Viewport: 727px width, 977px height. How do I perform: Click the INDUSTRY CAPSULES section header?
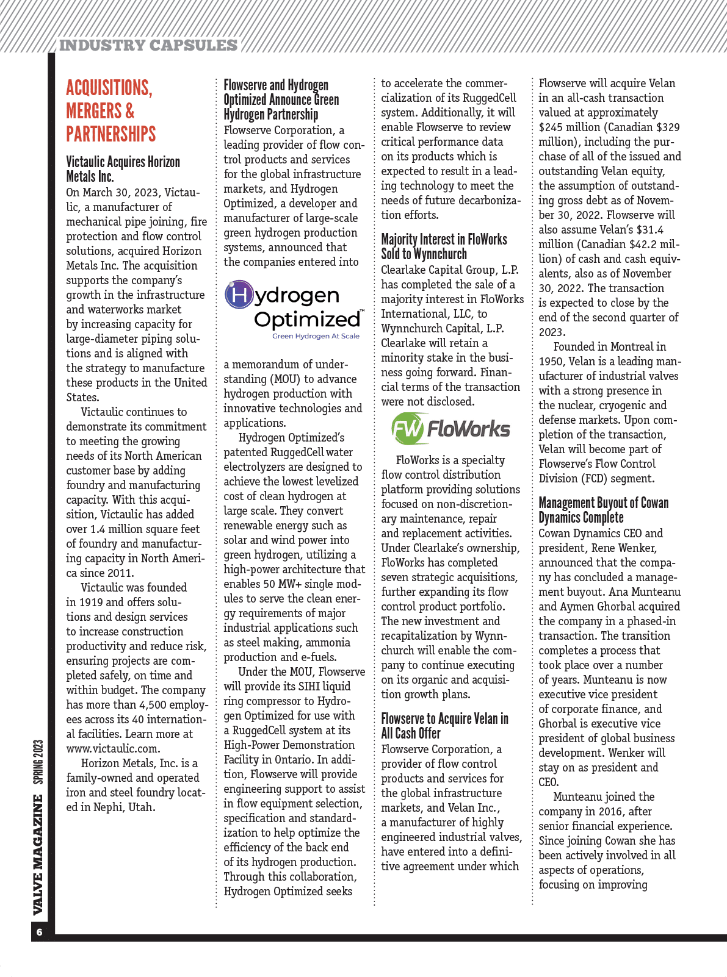148,46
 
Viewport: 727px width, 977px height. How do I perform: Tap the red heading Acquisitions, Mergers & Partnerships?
110,110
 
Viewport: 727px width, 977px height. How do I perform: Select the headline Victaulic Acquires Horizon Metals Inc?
123,169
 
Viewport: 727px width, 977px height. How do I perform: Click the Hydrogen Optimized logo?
294,310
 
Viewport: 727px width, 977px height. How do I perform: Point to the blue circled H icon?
239,295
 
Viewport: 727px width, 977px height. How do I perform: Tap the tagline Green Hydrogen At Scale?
316,336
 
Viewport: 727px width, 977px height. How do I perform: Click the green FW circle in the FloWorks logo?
407,429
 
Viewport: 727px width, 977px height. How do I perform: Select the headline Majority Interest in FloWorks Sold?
444,246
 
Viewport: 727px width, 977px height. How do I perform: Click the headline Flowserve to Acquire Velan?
444,726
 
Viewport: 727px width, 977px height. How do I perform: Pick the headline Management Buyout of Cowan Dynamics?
603,510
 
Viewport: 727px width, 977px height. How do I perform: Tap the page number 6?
40,932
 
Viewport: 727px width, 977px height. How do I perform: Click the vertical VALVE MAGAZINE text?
38,854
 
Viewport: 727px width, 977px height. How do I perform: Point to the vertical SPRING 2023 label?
38,762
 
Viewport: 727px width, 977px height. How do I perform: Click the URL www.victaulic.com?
113,748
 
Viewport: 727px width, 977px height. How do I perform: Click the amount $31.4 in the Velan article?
648,230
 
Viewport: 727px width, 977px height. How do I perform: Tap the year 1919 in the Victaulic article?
90,602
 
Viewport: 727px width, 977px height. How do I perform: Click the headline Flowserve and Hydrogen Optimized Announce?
281,99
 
